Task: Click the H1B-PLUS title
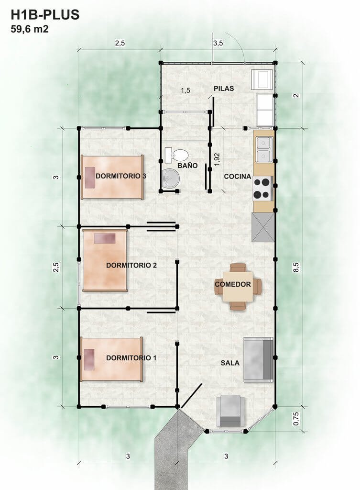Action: (45, 15)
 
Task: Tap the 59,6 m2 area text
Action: (29, 29)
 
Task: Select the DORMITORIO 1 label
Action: (131, 358)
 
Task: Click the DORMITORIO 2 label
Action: (131, 265)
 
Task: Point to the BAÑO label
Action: (187, 165)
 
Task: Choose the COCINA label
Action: (237, 177)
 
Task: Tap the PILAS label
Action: (224, 89)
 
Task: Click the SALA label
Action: (230, 363)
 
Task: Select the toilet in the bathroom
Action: (176, 155)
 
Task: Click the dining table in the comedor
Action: (238, 286)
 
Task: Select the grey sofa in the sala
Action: (259, 360)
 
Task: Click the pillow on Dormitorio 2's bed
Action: (105, 238)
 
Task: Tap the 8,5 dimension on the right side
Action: (296, 267)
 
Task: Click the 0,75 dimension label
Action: (296, 419)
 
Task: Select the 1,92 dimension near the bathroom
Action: (218, 159)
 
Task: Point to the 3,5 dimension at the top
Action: (218, 43)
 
